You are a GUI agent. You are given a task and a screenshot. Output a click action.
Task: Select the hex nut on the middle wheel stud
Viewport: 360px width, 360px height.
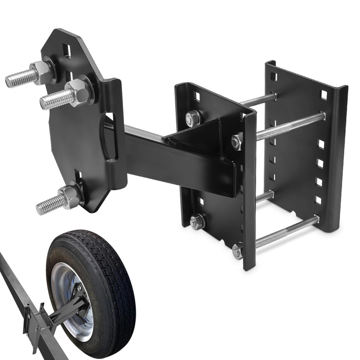[x=78, y=92]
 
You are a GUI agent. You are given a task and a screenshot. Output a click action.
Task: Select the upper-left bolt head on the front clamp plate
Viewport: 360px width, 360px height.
[x=193, y=119]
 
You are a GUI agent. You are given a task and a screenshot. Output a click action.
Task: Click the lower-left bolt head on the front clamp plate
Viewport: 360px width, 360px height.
[x=197, y=222]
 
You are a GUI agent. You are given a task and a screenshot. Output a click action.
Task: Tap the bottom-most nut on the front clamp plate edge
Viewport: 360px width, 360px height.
[x=238, y=252]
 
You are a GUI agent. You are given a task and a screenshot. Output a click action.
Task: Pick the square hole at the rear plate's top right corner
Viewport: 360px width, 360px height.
[x=324, y=94]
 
